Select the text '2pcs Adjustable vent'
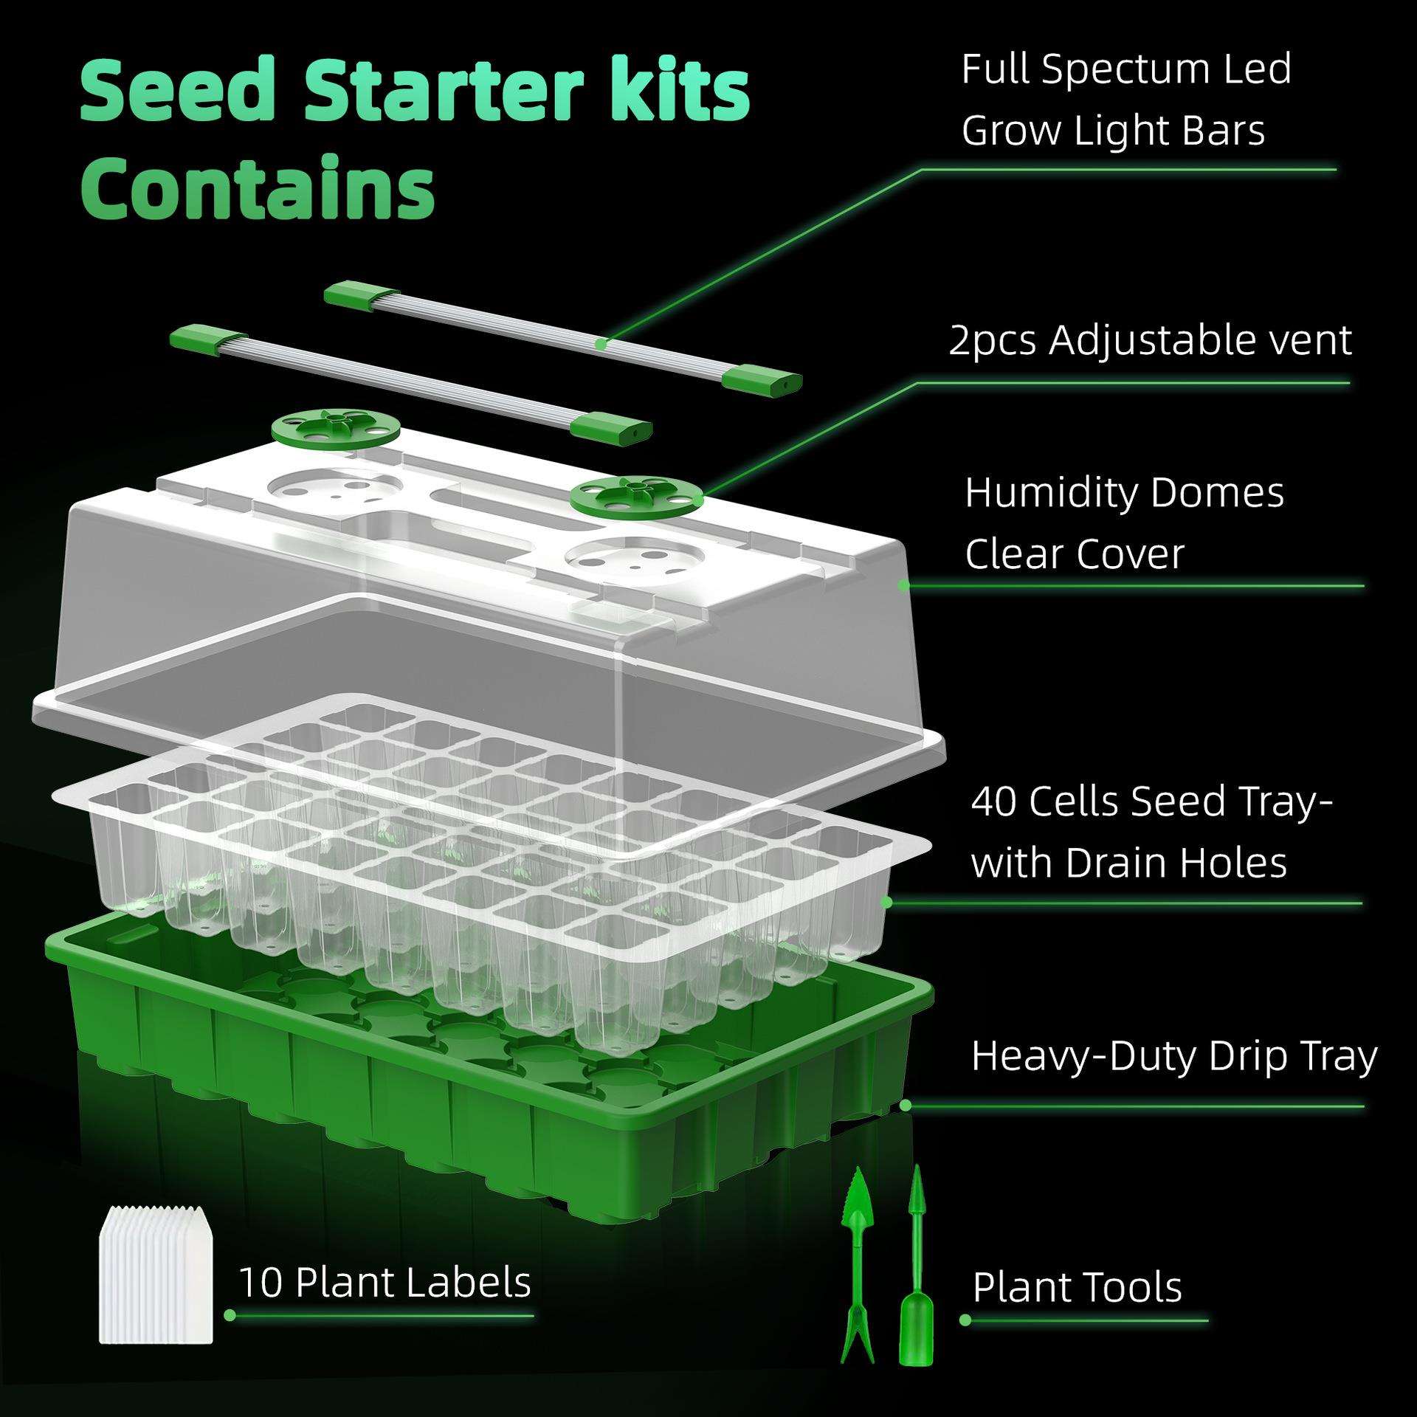[1150, 341]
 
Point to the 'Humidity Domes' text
[1124, 492]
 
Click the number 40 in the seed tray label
[994, 801]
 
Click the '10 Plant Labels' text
[385, 1282]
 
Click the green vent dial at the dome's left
[334, 427]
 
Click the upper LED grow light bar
[563, 337]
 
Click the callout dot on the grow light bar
[601, 344]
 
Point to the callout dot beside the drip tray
[906, 1106]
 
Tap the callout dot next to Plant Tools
[965, 1320]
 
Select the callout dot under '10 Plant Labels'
[230, 1314]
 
